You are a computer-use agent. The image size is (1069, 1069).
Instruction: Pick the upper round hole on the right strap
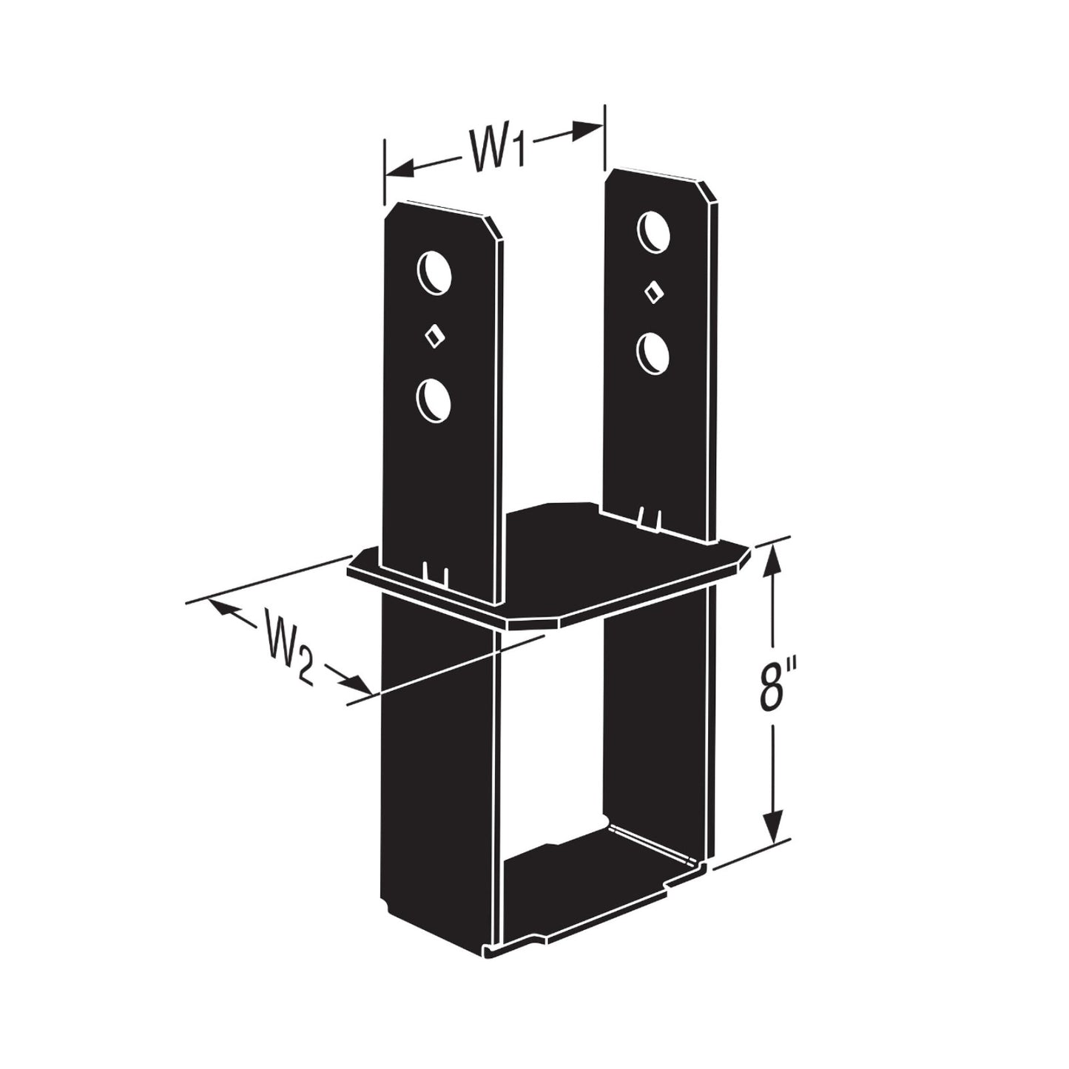(655, 230)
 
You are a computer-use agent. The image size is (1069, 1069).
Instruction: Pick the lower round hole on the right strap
(653, 351)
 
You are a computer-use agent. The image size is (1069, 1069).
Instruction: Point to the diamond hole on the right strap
(652, 291)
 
